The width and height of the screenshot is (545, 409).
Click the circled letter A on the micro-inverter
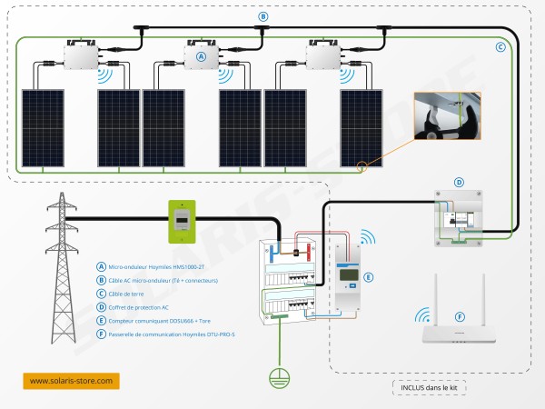pyautogui.click(x=201, y=56)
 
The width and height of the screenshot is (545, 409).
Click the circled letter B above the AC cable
pyautogui.click(x=263, y=16)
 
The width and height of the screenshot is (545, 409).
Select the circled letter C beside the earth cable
pyautogui.click(x=500, y=46)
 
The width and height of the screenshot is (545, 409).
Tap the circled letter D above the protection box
pyautogui.click(x=459, y=183)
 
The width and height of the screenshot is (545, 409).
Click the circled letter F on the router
pyautogui.click(x=460, y=317)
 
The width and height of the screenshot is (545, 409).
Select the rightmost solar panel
pyautogui.click(x=361, y=128)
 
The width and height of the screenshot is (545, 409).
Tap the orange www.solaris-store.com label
pyautogui.click(x=71, y=380)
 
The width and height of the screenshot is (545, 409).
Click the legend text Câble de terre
pyautogui.click(x=132, y=294)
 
